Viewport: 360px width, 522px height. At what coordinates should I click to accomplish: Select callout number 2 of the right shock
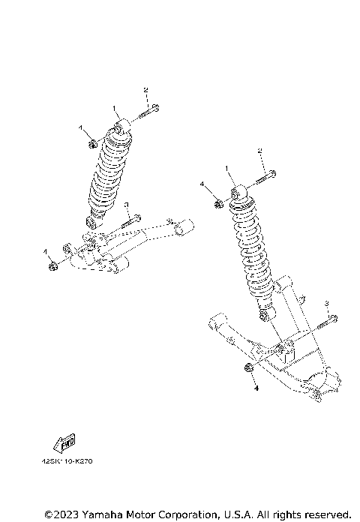click(x=260, y=151)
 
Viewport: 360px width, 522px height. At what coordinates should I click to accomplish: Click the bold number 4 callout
click(x=254, y=389)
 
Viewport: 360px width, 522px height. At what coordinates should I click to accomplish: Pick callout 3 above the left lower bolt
click(x=127, y=205)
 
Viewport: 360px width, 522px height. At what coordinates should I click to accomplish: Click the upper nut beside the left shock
click(x=91, y=142)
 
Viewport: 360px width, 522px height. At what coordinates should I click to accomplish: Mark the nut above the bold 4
click(x=247, y=367)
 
